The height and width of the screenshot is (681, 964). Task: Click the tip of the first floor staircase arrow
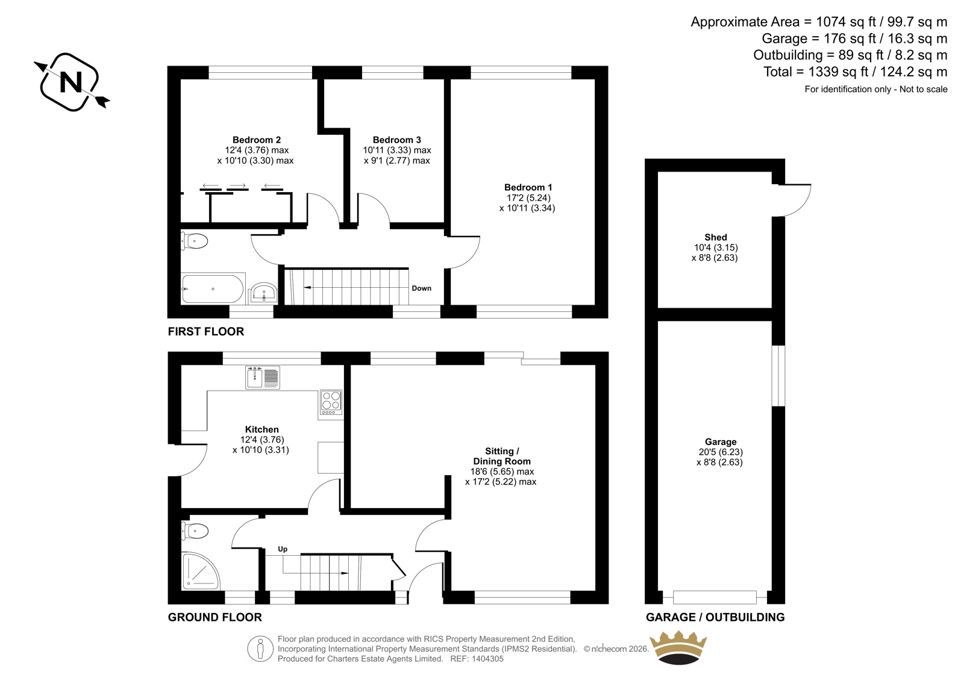point(304,287)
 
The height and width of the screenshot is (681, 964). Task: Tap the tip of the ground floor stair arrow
point(349,573)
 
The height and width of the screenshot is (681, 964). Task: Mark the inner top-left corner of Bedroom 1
point(451,79)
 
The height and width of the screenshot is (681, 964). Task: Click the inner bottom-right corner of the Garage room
point(772,591)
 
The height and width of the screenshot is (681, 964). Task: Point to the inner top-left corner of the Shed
point(658,172)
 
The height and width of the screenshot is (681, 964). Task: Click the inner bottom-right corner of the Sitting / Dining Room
point(595,591)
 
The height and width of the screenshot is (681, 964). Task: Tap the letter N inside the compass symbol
point(71,82)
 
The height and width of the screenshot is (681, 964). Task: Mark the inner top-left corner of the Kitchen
point(181,365)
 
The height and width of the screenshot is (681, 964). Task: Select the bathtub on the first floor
point(213,289)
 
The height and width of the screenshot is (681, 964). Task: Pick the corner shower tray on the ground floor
point(201,571)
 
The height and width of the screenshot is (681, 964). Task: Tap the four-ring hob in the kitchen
point(331,403)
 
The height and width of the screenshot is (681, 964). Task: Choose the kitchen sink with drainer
point(263,378)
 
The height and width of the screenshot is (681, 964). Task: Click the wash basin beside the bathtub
point(263,293)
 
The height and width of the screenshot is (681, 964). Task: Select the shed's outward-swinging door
point(792,200)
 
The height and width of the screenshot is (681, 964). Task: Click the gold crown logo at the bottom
point(678,648)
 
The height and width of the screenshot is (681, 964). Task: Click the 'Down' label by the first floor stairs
point(421,288)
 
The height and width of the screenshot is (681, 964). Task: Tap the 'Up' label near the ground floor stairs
point(283,549)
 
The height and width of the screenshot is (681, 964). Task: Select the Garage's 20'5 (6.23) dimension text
point(721,452)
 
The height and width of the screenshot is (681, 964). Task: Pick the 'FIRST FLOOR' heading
point(205,331)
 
